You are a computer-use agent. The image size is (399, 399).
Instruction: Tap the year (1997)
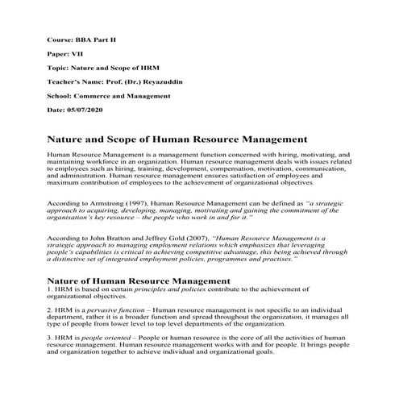tap(137, 206)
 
